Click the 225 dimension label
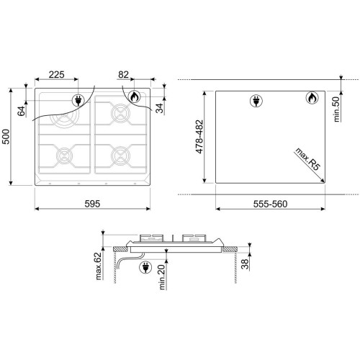click(57, 75)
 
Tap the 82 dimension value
click(123, 75)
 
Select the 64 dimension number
click(22, 111)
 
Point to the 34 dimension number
click(159, 108)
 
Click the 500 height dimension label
click(6, 137)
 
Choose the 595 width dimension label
click(92, 204)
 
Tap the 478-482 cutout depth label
click(199, 137)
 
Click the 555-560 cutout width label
click(270, 204)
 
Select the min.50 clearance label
click(337, 109)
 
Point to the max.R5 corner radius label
click(308, 159)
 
